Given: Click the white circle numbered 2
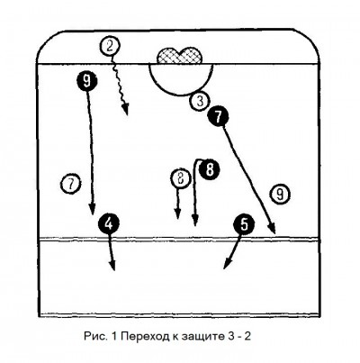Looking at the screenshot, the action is pos(110,46).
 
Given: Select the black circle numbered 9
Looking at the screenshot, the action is pos(86,81).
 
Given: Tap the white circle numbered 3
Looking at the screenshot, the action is pos(200,101).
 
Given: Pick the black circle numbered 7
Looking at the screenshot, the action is pos(218,116).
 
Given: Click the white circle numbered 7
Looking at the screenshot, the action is pos(71,184).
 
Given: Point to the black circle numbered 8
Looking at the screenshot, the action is pos(210,169).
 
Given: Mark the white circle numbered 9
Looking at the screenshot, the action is pos(280,195).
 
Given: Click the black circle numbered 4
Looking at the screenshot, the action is pos(109,223).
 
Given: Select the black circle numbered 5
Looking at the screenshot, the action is pos(245,223).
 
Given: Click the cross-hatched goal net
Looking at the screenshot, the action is pos(180,56).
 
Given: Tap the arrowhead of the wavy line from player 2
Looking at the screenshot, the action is pos(127,110).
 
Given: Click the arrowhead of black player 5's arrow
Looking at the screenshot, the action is pos(227,264).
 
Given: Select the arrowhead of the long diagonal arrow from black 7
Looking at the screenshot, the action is pos(273,228).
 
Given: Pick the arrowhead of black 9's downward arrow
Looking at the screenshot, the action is pos(93,209).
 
